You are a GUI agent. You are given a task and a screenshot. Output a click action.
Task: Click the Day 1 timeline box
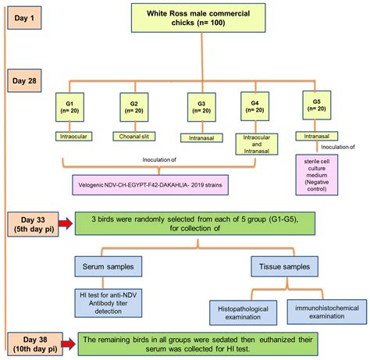click(24, 18)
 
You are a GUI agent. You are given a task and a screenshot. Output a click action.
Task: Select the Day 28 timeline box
click(24, 80)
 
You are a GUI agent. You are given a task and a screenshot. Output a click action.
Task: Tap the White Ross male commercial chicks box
click(198, 18)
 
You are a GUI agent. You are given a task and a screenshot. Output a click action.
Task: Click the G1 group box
click(69, 107)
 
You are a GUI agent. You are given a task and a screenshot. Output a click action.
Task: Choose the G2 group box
click(134, 107)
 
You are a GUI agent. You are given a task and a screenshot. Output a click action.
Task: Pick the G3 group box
click(201, 107)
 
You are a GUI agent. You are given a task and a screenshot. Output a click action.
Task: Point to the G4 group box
click(255, 106)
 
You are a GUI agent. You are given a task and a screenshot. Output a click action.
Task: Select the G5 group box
click(317, 105)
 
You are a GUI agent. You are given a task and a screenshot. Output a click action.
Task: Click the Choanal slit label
click(134, 137)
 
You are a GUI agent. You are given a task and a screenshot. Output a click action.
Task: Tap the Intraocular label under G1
click(73, 137)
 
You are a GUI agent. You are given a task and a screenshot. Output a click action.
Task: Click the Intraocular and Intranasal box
click(257, 144)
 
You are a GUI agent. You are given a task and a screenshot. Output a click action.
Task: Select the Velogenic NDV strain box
click(151, 185)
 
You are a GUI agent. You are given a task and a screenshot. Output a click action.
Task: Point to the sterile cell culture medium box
click(317, 175)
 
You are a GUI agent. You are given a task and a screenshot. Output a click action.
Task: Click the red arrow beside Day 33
click(66, 223)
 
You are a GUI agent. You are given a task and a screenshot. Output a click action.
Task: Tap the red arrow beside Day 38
click(69, 344)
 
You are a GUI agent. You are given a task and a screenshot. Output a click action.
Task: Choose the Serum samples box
click(109, 266)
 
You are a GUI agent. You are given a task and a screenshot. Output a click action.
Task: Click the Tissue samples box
click(284, 266)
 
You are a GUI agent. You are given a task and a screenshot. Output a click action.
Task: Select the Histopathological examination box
click(243, 313)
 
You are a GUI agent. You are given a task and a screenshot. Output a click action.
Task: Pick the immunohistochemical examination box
click(327, 312)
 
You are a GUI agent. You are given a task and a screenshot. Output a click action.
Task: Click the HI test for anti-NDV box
click(109, 303)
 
